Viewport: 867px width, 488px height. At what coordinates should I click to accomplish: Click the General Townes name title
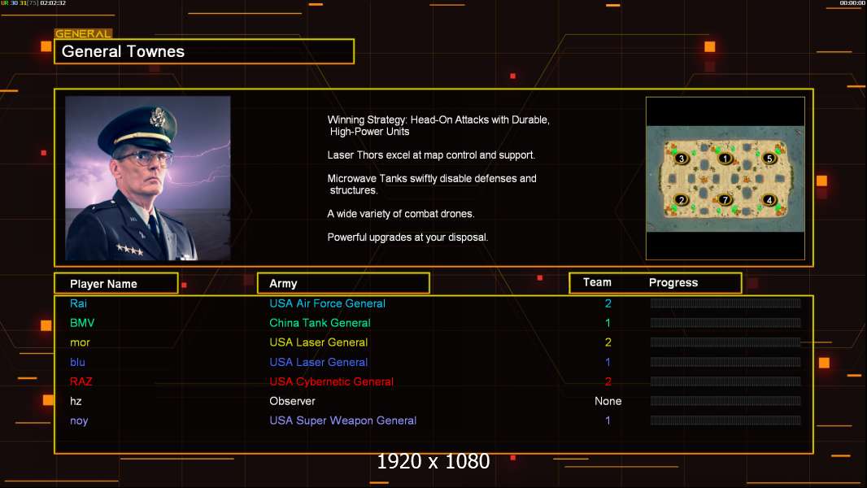tap(124, 51)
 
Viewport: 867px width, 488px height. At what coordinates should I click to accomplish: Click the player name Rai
tap(78, 303)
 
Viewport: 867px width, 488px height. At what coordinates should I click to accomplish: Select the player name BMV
tap(82, 323)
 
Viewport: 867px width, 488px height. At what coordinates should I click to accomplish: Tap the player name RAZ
tap(81, 381)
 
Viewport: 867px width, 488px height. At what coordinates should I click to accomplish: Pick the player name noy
tap(79, 420)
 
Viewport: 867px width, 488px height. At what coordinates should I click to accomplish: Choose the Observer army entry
tap(292, 401)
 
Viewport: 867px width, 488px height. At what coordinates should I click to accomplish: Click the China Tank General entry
tap(320, 323)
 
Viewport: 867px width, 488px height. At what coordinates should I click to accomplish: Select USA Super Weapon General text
tap(342, 420)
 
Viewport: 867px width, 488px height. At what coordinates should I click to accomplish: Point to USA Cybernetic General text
tap(331, 381)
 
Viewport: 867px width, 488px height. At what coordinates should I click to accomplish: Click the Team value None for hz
tap(608, 401)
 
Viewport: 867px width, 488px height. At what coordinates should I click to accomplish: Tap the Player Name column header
tap(103, 284)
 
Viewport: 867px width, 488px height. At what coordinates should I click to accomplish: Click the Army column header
tap(283, 284)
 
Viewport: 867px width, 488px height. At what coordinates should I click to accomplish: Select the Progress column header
tap(673, 283)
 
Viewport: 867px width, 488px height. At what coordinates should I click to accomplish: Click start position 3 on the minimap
tap(682, 159)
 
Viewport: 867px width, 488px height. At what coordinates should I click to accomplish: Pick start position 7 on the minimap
tap(725, 199)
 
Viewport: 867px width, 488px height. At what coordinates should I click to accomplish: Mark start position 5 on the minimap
tap(769, 159)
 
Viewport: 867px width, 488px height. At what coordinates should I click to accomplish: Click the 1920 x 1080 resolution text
tap(433, 462)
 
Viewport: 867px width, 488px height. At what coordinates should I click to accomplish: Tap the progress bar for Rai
tap(725, 303)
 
